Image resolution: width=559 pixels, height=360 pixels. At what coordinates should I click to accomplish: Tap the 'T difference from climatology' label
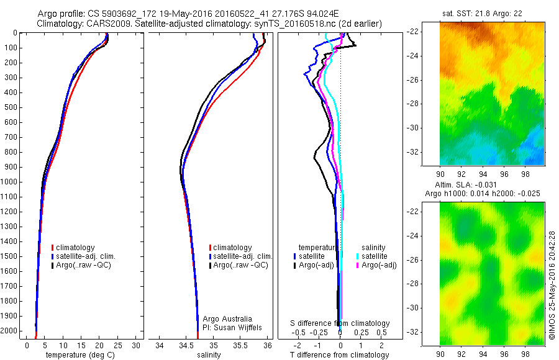pos(340,355)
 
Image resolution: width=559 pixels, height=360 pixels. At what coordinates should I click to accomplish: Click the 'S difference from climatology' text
pos(340,323)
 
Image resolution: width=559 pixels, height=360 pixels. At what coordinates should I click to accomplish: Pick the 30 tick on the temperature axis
pos(136,345)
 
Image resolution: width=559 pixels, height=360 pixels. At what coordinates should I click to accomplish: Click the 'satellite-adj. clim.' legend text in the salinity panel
pos(243,256)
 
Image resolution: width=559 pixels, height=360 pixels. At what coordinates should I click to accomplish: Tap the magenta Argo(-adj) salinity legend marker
pos(357,265)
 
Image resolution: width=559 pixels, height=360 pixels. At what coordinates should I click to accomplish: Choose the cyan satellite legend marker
pos(357,256)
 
